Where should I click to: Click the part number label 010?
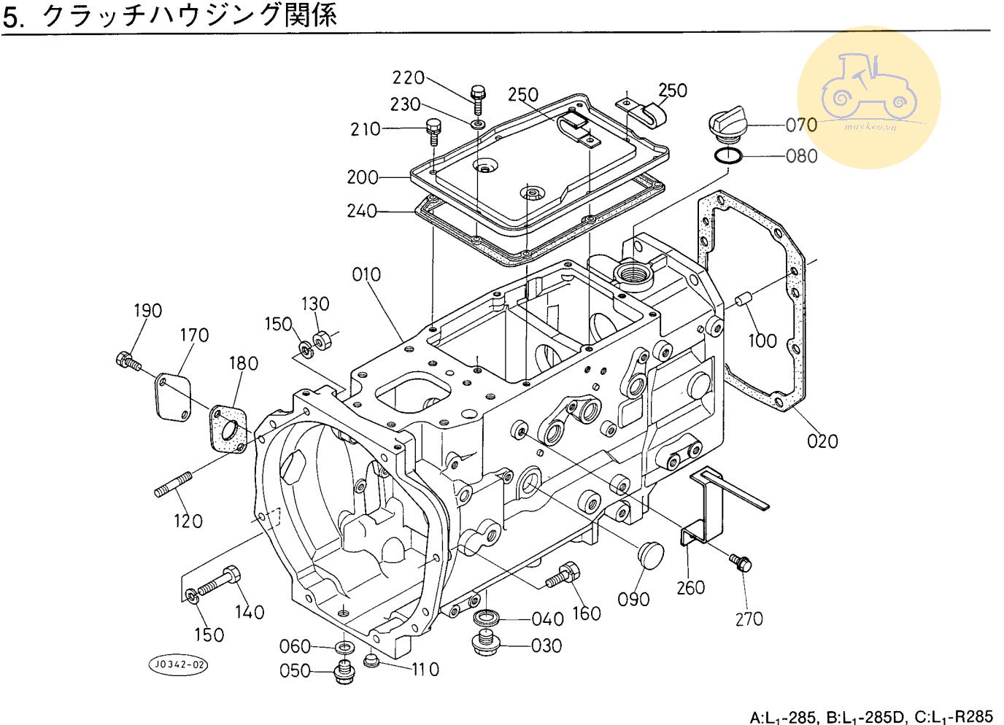click(366, 275)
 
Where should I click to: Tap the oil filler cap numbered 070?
click(725, 125)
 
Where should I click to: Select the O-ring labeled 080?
click(727, 155)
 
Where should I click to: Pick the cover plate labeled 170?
click(172, 396)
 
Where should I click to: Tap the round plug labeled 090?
click(650, 554)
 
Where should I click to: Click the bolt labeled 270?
click(740, 562)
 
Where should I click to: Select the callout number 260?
click(690, 587)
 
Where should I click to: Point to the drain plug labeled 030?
click(483, 645)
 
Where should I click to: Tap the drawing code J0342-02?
click(178, 664)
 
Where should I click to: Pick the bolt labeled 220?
click(479, 96)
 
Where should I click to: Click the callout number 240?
click(362, 211)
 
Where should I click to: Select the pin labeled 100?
click(744, 299)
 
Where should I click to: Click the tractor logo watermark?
click(868, 98)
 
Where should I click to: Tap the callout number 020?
click(822, 441)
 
